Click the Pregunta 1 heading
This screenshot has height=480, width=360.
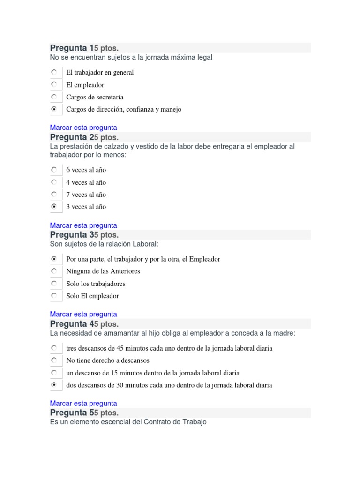(x=69, y=48)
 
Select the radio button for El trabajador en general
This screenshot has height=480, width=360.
(x=54, y=72)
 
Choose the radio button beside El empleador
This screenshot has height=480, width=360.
(x=54, y=85)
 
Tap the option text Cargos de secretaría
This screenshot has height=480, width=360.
(x=95, y=97)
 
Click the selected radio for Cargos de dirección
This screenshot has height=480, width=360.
(x=54, y=109)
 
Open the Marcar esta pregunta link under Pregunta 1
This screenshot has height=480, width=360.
(x=83, y=127)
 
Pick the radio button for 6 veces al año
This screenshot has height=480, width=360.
(x=54, y=170)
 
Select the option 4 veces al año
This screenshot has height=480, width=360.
(x=86, y=182)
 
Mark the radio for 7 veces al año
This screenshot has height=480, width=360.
(x=54, y=195)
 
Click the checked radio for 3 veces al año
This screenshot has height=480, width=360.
(x=54, y=207)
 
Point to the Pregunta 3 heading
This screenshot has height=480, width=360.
(x=69, y=235)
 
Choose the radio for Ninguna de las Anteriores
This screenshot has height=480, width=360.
(x=54, y=271)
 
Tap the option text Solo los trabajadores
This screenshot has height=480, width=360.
(x=96, y=284)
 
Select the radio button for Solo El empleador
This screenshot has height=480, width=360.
(x=54, y=296)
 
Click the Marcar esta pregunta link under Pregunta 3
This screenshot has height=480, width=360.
(x=83, y=314)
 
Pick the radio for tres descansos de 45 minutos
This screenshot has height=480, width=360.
(x=54, y=348)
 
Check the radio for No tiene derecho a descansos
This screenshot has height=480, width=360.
(x=54, y=360)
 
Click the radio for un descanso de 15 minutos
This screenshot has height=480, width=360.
(x=54, y=373)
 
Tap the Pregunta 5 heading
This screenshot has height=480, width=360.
(x=69, y=413)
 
